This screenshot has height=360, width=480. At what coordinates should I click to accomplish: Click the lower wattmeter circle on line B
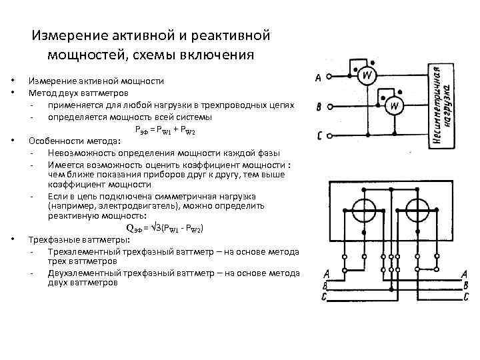(395, 105)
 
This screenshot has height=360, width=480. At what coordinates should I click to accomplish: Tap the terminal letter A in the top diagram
(318, 79)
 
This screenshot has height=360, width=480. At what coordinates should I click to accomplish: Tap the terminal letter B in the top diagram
(319, 107)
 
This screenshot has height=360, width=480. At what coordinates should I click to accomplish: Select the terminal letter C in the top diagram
(320, 135)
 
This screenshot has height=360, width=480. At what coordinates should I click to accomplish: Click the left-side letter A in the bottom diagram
(326, 274)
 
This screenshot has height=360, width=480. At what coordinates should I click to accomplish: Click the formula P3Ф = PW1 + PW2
(164, 129)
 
